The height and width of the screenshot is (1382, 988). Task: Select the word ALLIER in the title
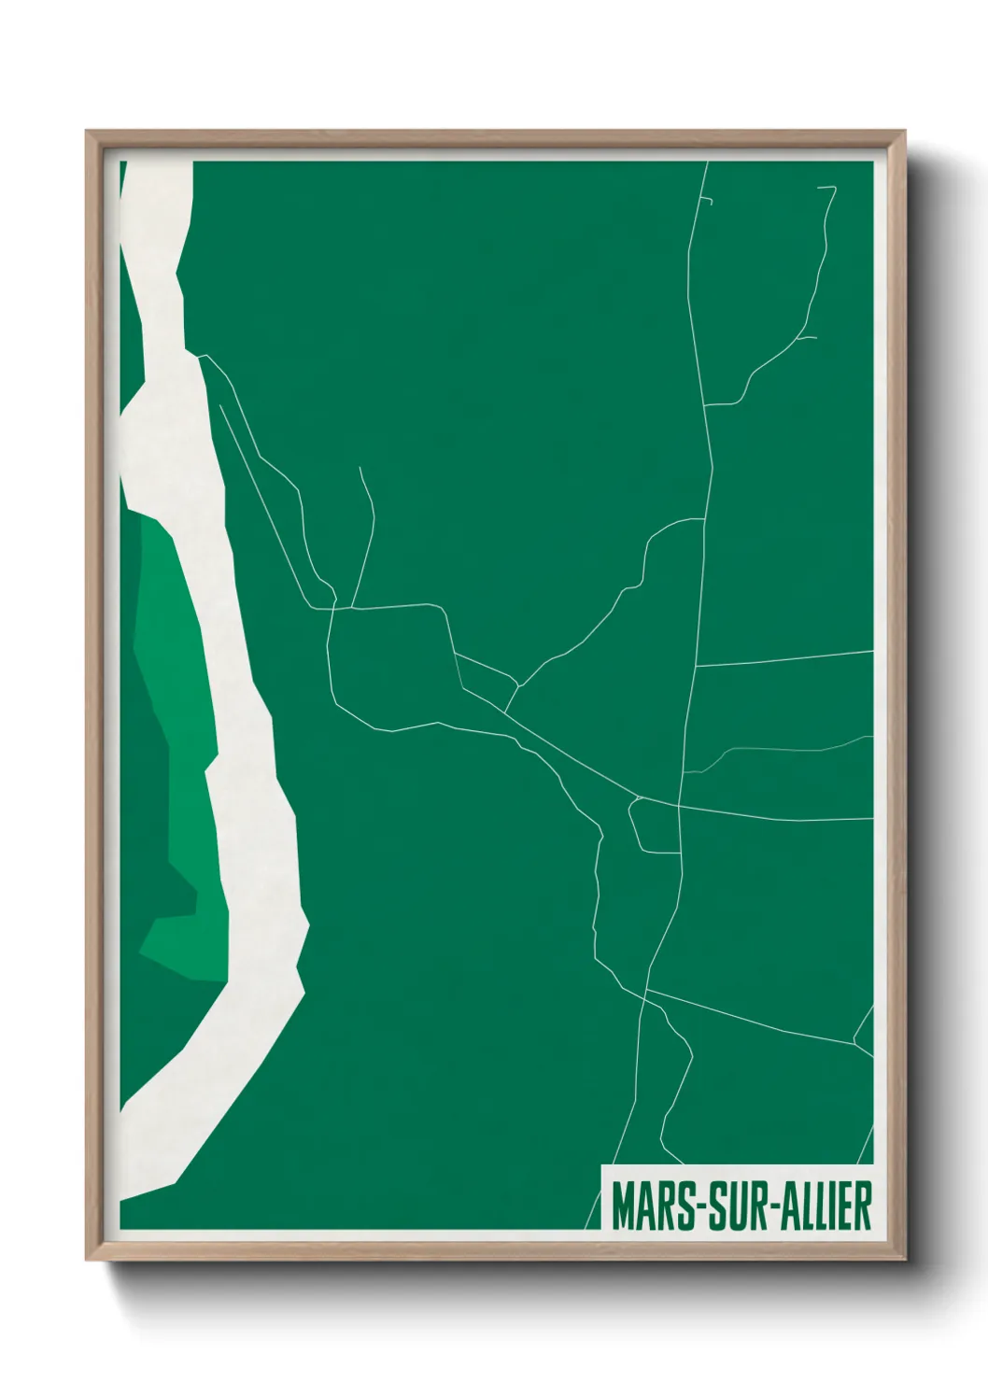[x=824, y=1206]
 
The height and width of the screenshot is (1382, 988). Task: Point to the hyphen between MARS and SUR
[x=697, y=1208]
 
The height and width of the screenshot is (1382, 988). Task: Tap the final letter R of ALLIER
[x=863, y=1206]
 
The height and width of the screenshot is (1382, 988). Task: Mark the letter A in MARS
[x=645, y=1206]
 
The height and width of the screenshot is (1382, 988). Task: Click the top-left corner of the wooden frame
[x=89, y=134]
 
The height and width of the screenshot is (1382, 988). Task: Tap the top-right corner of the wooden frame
[x=903, y=134]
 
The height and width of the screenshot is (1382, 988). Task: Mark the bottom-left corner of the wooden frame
[x=89, y=1258]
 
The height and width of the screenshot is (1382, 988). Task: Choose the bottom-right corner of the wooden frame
[x=903, y=1258]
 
